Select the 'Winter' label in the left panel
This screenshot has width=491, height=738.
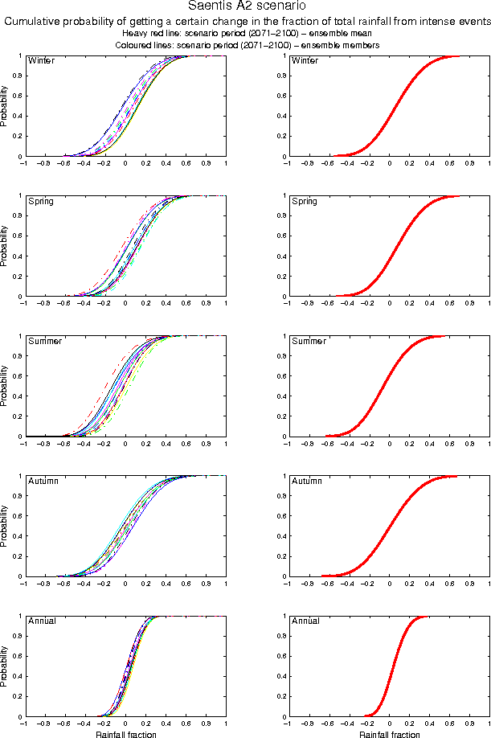tap(41, 61)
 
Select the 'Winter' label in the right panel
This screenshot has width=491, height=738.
tap(305, 61)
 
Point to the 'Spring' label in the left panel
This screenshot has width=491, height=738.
tap(41, 201)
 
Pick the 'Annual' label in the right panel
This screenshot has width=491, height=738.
tap(306, 621)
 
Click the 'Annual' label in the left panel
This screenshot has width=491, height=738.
tap(42, 621)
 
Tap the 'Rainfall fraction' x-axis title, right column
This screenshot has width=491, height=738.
tap(389, 734)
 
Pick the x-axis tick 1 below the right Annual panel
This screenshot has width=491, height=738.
tap(489, 724)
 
